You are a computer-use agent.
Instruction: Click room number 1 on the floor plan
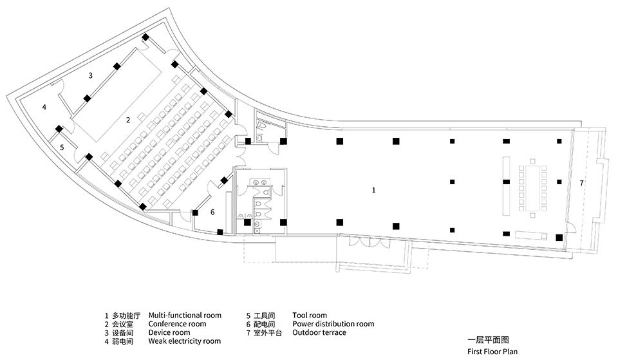(x=373, y=190)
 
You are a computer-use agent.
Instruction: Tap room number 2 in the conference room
(x=128, y=120)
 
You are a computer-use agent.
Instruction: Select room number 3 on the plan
(x=91, y=75)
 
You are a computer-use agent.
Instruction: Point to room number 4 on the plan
(x=44, y=107)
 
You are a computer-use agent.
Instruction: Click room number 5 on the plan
(x=62, y=147)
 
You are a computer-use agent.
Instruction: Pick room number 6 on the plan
(x=212, y=211)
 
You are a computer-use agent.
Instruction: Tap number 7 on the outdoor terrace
(x=581, y=184)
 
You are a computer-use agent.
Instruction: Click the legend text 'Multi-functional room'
(x=185, y=316)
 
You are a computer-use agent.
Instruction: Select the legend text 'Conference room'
(x=177, y=324)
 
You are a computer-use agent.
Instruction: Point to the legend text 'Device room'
(x=170, y=333)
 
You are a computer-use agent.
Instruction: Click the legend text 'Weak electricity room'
(x=185, y=341)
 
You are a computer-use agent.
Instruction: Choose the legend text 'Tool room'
(x=310, y=316)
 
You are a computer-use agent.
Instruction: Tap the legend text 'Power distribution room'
(x=333, y=324)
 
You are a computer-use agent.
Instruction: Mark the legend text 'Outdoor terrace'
(x=319, y=333)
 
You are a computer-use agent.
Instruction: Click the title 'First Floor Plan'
(x=492, y=352)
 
